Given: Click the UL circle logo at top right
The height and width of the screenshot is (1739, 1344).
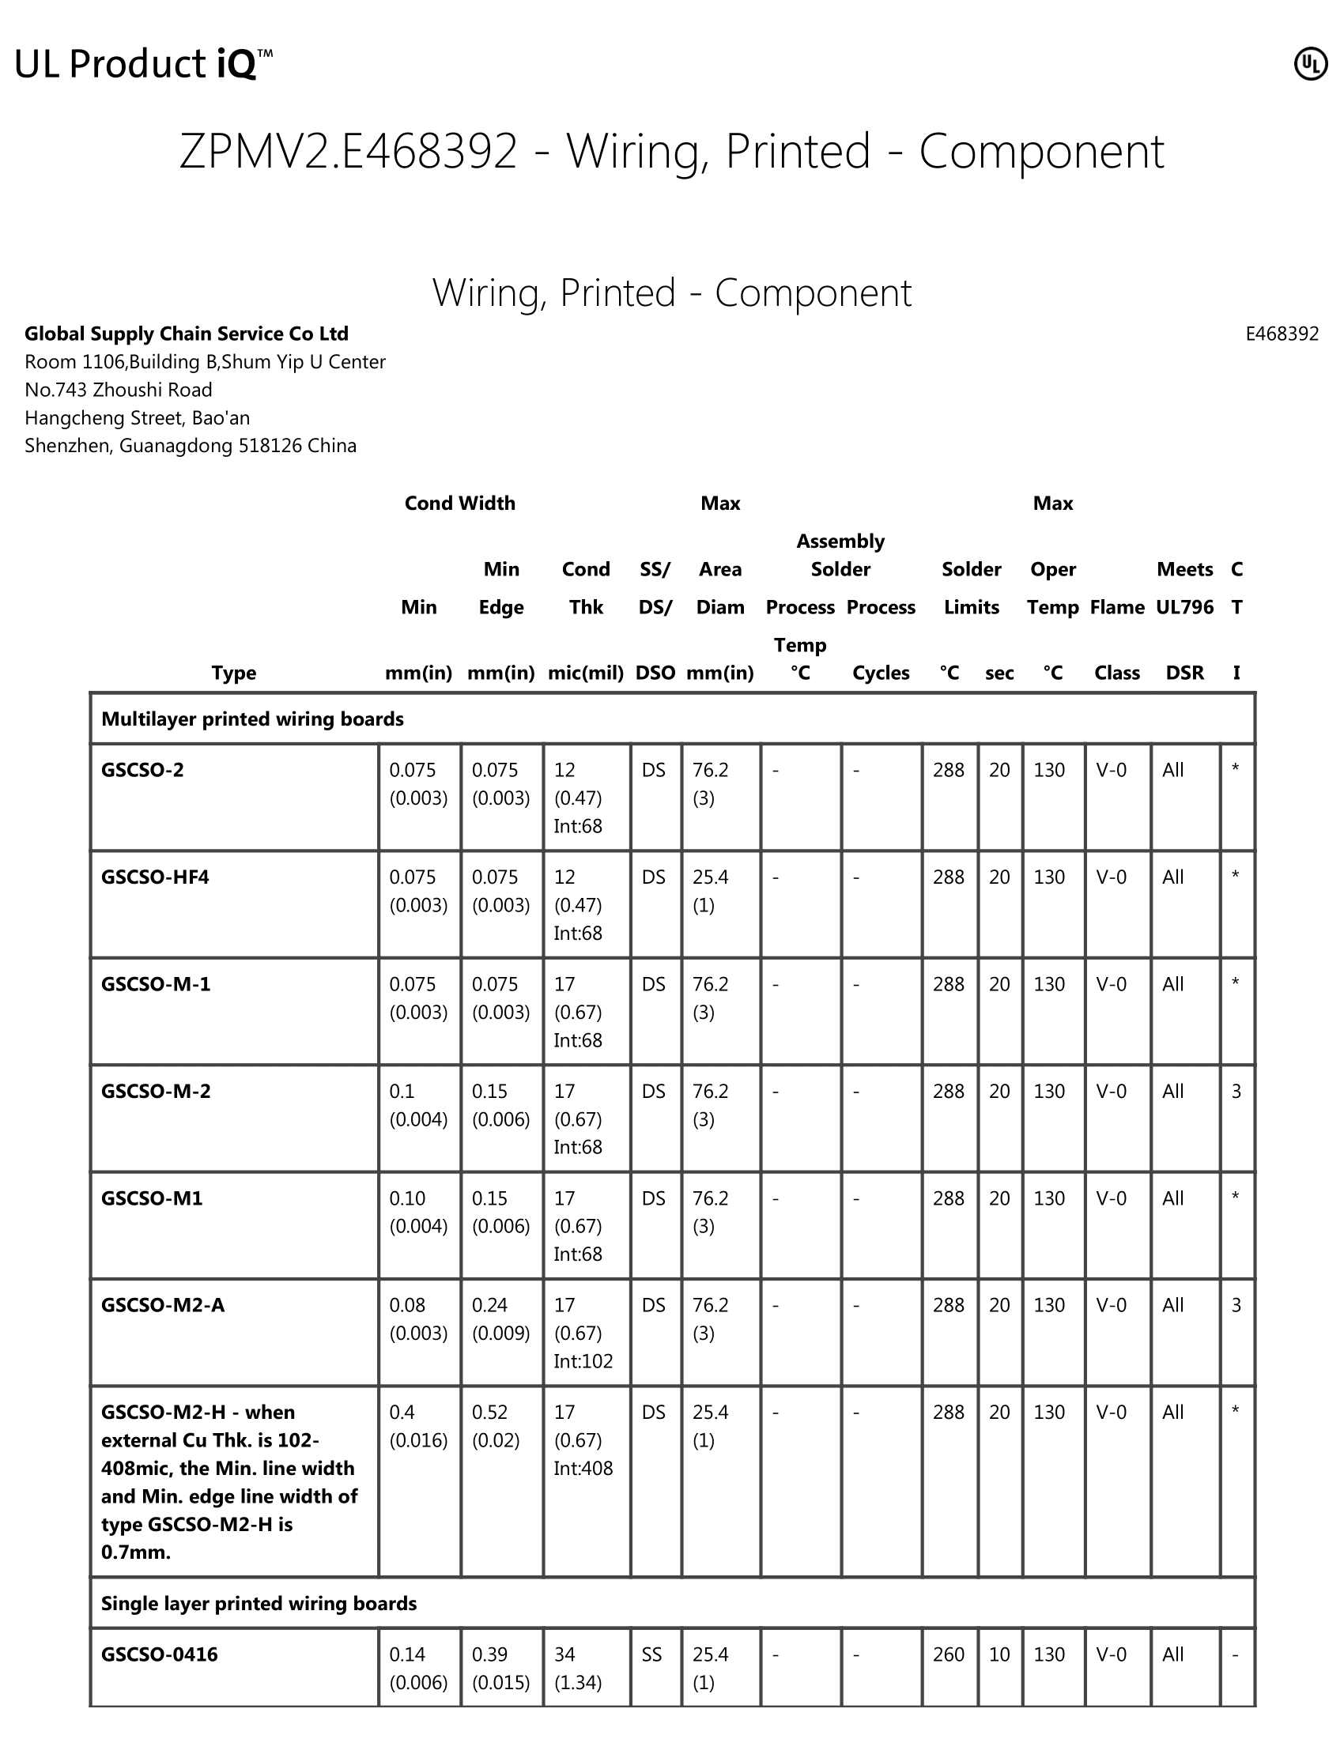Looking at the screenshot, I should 1310,65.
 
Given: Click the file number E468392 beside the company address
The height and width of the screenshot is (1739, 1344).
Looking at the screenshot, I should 1281,334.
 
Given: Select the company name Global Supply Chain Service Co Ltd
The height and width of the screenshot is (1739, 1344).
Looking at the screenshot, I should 187,334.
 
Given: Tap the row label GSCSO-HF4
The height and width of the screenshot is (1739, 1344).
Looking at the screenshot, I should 155,877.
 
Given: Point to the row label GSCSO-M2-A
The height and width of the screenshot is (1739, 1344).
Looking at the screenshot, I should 162,1305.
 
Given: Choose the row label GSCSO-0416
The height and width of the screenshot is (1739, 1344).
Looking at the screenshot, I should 159,1654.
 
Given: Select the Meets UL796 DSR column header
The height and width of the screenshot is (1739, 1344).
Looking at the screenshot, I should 1184,621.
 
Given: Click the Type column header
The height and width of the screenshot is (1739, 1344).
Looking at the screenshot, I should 233,673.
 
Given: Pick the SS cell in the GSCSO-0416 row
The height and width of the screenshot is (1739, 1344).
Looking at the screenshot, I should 651,1654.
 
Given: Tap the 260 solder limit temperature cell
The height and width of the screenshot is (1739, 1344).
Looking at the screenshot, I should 948,1654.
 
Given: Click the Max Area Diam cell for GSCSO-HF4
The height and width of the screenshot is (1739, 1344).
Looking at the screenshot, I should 710,891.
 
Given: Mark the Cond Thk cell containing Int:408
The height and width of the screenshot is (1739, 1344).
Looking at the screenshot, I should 583,1439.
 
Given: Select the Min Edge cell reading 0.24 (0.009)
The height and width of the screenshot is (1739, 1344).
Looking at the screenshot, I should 500,1318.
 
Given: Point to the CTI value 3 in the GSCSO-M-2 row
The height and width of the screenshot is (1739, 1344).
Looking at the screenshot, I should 1236,1091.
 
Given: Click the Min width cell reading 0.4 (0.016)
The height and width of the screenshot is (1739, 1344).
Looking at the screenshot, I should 418,1426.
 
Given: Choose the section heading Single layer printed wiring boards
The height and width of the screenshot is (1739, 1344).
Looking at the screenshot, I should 259,1603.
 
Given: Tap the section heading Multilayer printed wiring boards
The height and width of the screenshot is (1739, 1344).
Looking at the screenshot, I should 252,719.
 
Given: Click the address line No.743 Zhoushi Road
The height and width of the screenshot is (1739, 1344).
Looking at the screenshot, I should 119,390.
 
